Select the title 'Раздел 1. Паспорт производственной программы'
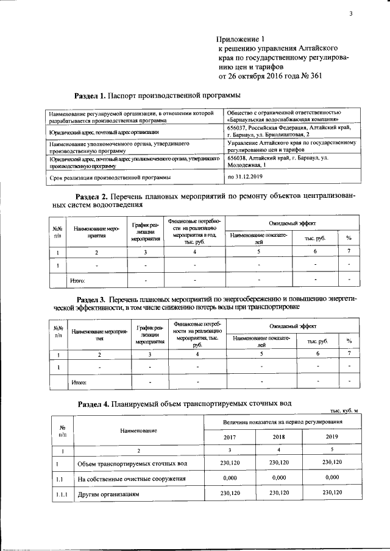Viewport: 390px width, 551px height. coord(157,96)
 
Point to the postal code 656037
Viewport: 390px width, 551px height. coord(238,128)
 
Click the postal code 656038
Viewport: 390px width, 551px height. coord(238,158)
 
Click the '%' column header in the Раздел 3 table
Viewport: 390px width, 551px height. coord(349,342)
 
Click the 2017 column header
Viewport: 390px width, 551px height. coord(229,436)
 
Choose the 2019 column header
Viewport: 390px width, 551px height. coord(333,436)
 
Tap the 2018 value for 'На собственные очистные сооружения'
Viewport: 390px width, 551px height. coord(280,479)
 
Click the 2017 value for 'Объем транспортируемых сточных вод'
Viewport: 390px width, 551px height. coord(229,463)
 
